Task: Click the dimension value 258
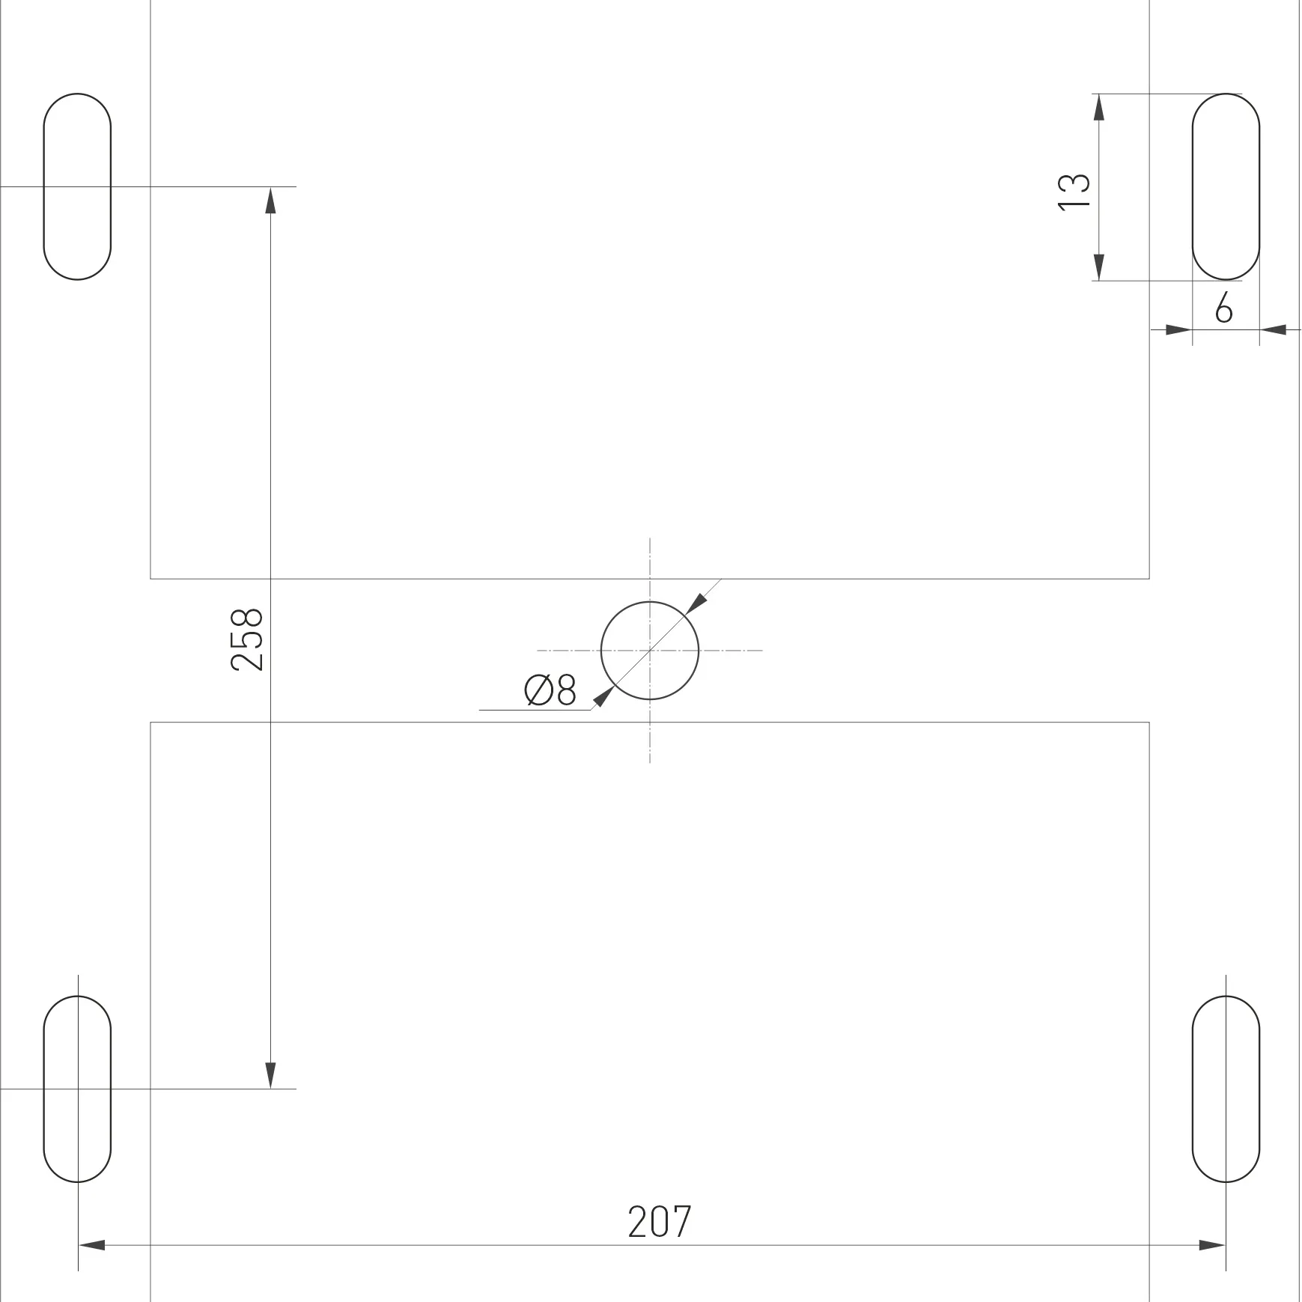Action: click(x=248, y=639)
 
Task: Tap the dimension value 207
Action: click(x=660, y=1222)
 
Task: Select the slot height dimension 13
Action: click(x=1074, y=192)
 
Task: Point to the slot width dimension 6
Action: click(x=1223, y=308)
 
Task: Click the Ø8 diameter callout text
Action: click(x=550, y=690)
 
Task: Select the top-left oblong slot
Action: click(x=44, y=186)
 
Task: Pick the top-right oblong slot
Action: click(x=1193, y=186)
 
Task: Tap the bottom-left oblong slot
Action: click(x=44, y=1089)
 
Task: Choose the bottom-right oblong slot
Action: click(x=1193, y=1089)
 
